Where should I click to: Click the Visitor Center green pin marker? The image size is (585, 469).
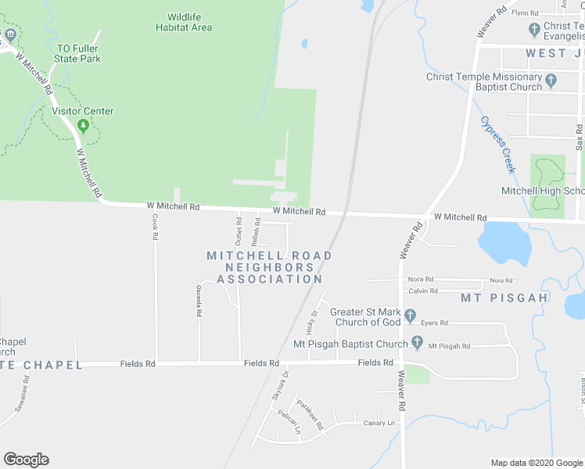[x=83, y=125]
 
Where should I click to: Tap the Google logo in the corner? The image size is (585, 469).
[x=26, y=460]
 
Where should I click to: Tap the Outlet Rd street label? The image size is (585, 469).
[x=239, y=232]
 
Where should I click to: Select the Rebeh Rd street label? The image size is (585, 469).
[x=256, y=232]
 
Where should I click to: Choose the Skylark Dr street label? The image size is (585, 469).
[x=281, y=385]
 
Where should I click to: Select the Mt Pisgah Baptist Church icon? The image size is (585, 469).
[x=417, y=343]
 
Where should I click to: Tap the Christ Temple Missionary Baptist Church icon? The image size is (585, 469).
[x=551, y=80]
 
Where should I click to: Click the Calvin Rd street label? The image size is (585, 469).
[x=421, y=291]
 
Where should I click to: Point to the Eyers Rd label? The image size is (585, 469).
[x=434, y=323]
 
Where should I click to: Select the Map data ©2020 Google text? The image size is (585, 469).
[x=536, y=463]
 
